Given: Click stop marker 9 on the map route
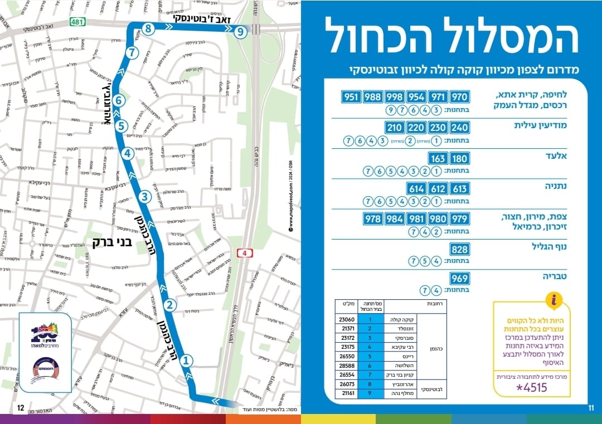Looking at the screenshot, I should coord(240,32).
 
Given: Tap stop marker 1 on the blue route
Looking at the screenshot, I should coord(187,360).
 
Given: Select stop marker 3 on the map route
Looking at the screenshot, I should coord(144,197).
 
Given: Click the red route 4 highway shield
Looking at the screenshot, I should coord(243,254).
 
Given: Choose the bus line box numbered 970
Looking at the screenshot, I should coord(460,96).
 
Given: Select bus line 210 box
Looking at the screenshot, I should coord(395,128).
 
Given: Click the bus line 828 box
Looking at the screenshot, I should coord(460,248).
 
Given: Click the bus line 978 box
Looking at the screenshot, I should coord(373,218).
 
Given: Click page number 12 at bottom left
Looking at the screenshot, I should coord(20,408).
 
